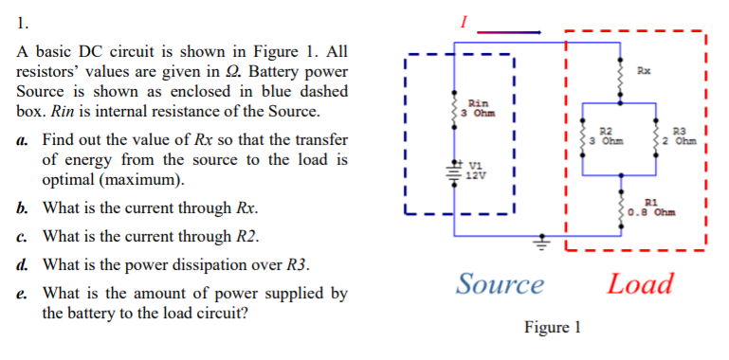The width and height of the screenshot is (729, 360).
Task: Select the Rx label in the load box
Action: [645, 71]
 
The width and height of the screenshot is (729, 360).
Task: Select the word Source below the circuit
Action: [500, 283]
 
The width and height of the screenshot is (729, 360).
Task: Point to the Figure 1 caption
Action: [551, 328]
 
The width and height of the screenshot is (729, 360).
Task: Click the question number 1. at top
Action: [23, 16]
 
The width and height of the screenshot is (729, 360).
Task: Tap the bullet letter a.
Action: [22, 140]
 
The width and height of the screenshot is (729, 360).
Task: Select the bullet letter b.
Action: [22, 207]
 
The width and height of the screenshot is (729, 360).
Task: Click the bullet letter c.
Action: [22, 236]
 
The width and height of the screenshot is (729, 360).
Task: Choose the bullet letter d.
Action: [22, 264]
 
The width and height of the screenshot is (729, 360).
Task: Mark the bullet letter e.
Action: [22, 294]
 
